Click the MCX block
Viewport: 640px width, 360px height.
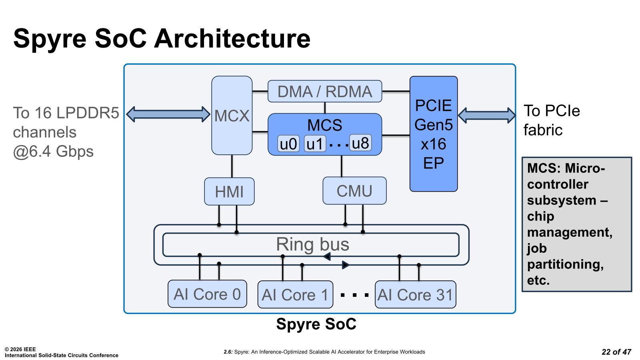[x=232, y=116]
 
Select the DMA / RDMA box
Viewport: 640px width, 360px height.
[x=324, y=91]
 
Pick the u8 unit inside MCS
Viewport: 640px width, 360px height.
[x=360, y=143]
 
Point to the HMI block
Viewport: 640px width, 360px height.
[x=229, y=192]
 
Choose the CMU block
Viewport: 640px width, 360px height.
[x=354, y=191]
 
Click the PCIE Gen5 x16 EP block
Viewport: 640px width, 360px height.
[x=433, y=134]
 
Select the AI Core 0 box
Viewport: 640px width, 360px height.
[x=207, y=294]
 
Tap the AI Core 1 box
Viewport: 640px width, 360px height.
[x=295, y=295]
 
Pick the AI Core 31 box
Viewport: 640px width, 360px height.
[x=415, y=295]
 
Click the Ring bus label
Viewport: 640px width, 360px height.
[x=312, y=244]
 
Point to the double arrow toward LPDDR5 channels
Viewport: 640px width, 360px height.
[x=168, y=114]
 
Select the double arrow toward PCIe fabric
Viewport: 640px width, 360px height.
[x=486, y=115]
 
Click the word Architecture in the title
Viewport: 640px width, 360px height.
[x=232, y=38]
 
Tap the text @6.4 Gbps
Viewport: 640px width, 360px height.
[x=53, y=152]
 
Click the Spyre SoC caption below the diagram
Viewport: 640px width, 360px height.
[x=316, y=324]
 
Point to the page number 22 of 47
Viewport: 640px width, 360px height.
[x=616, y=352]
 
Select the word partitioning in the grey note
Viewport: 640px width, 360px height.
[x=565, y=264]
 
